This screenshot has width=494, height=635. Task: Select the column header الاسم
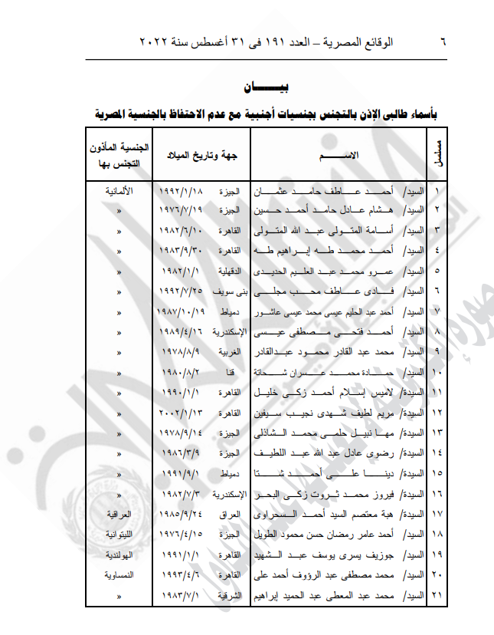click(339, 156)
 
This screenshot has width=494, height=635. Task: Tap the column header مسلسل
click(436, 154)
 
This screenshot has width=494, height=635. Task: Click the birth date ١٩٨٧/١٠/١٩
click(178, 312)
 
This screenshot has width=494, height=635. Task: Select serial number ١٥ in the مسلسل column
click(439, 473)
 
